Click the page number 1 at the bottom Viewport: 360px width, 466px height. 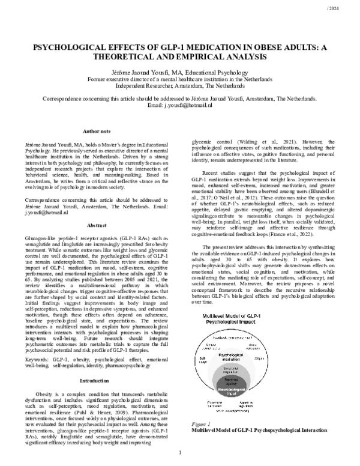[180, 452]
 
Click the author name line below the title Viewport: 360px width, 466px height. [180, 71]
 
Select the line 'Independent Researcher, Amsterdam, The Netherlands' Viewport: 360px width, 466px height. [180, 85]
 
